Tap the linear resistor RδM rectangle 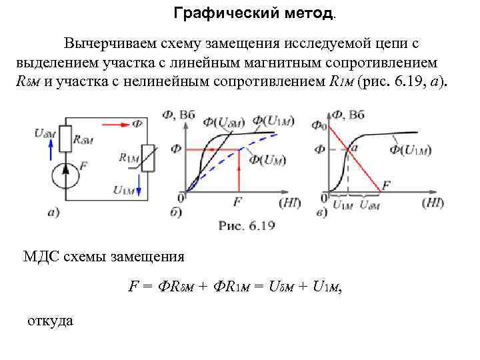pos(65,139)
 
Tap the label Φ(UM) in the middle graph pos(266,161)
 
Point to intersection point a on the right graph pos(349,150)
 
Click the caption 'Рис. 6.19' pos(247,225)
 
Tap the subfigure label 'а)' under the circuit pos(54,213)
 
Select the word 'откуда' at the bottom pos(50,321)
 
